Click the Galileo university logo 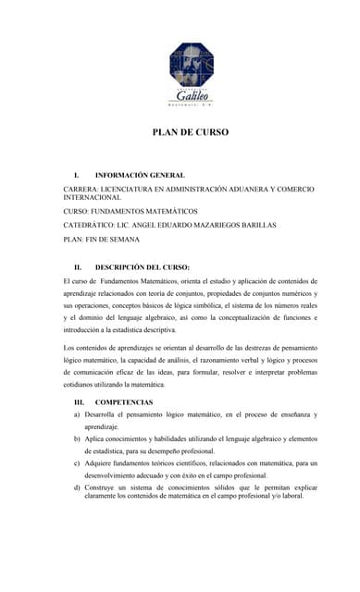[x=190, y=74]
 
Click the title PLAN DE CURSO [x=190, y=132]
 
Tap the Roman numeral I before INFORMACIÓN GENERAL [x=77, y=175]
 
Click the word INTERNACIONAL [x=92, y=198]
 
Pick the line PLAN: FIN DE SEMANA [x=101, y=239]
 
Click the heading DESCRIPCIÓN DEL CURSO [x=143, y=267]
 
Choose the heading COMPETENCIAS [x=124, y=402]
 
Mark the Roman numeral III [x=79, y=402]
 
